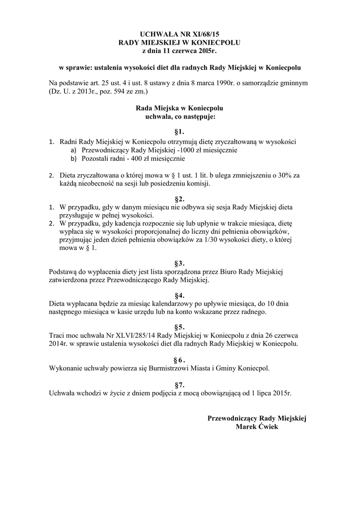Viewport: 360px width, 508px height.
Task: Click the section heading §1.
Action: [x=179, y=132]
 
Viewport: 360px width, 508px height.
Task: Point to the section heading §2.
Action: [x=179, y=198]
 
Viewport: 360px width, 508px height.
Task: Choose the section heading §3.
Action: [x=179, y=262]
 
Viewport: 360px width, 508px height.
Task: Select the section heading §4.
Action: [x=179, y=295]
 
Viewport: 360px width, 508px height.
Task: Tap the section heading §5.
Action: [x=179, y=327]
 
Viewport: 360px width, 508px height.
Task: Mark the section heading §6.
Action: [x=179, y=359]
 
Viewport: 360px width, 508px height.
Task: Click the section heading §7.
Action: [x=179, y=384]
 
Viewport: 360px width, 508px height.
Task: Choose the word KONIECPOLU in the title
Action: [x=218, y=43]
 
